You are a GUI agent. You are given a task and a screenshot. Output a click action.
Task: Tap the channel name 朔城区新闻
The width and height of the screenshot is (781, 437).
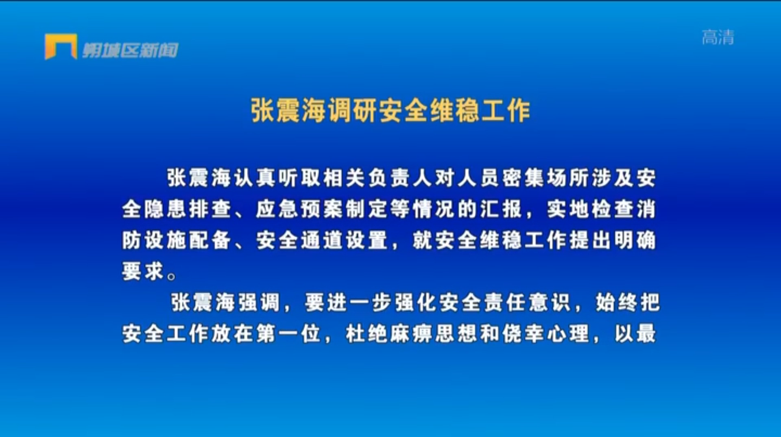coord(131,50)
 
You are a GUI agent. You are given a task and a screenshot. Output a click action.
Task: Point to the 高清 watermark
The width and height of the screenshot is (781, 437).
coord(718,37)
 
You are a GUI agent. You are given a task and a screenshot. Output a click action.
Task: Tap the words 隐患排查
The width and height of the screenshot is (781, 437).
coord(188,209)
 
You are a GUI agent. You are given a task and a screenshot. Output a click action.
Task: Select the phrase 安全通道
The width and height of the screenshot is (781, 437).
coord(299,240)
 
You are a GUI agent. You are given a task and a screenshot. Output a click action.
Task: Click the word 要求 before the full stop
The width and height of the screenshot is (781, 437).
coord(143,271)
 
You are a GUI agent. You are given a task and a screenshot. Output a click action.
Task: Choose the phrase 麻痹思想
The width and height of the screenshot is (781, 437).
coord(433,334)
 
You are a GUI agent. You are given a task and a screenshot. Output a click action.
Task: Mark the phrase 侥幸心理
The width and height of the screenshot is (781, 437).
coord(545,334)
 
